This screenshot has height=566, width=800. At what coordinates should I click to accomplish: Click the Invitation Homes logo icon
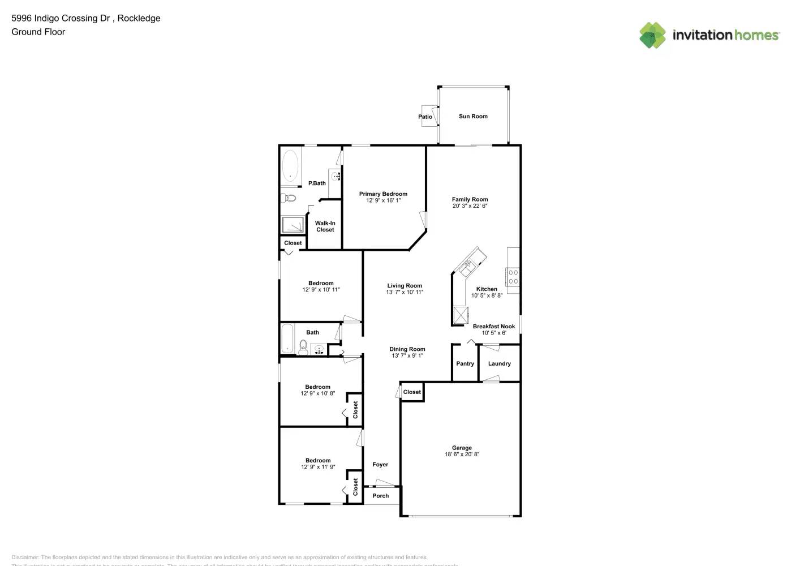(652, 35)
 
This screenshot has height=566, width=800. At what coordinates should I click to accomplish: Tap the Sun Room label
(473, 117)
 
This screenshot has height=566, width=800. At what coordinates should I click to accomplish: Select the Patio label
(425, 117)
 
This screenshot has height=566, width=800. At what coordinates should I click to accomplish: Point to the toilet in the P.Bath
(288, 198)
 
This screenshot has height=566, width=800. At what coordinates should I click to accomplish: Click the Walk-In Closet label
(325, 226)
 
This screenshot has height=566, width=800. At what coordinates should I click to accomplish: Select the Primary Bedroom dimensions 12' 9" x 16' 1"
(383, 200)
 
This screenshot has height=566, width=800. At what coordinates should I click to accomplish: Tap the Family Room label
(470, 199)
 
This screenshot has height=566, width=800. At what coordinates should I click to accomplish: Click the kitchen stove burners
(513, 277)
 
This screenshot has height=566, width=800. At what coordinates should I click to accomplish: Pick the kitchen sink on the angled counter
(469, 265)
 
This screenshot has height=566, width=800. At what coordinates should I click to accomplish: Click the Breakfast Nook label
(494, 327)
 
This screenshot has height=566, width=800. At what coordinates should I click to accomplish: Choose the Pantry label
(465, 364)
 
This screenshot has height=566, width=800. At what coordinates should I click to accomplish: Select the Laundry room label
(499, 364)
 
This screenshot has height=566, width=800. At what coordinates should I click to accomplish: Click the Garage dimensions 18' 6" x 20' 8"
(462, 454)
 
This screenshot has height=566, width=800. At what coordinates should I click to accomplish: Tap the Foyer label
(380, 465)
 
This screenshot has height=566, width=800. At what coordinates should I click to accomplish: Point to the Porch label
(381, 496)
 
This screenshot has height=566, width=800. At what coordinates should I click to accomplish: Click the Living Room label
(405, 286)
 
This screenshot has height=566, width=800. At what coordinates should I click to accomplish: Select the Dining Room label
(407, 349)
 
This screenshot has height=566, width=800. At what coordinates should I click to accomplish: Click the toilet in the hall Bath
(303, 348)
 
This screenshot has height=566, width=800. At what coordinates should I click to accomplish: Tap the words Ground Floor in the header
(38, 32)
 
